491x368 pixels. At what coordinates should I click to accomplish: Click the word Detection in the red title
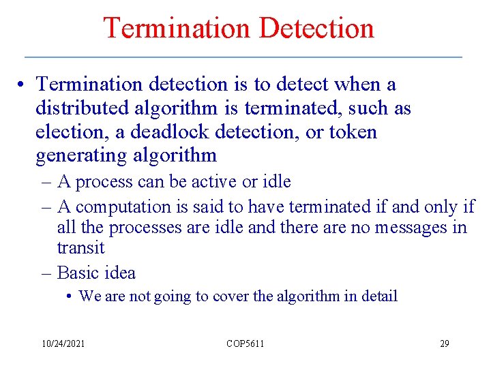(317, 29)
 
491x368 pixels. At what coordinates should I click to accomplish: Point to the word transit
(80, 247)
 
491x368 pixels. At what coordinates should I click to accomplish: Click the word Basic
(76, 273)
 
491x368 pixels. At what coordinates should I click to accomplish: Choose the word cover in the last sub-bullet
(232, 296)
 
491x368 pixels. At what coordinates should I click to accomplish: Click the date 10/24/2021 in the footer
(62, 343)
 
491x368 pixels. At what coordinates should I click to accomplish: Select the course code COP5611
(245, 343)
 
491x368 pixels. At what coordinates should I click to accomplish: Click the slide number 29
(444, 343)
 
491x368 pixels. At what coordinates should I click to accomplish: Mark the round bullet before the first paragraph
(23, 85)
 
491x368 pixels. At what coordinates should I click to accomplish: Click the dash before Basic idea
(47, 273)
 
